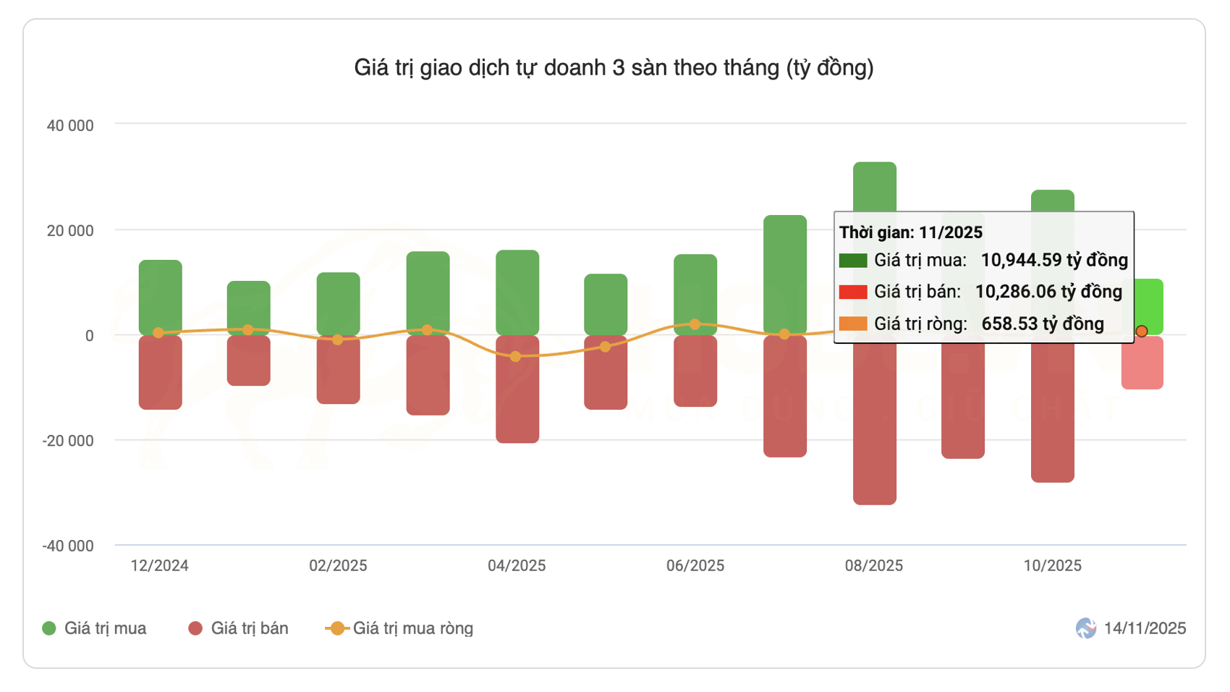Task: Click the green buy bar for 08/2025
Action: pos(874,187)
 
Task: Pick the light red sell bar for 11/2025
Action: pos(1142,363)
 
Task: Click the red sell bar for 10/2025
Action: pos(1052,409)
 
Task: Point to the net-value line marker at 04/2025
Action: pos(515,356)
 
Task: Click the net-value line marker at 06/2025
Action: pos(695,324)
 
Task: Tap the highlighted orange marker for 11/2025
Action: pos(1141,331)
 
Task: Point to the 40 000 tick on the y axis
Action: pos(70,126)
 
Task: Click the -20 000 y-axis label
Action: pos(68,441)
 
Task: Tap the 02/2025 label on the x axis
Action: pos(338,566)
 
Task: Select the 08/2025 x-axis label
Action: pos(873,566)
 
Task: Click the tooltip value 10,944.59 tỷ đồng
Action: pos(1053,260)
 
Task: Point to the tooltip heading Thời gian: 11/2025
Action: pos(910,232)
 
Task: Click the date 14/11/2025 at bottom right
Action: pos(1144,628)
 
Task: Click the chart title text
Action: pos(614,67)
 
